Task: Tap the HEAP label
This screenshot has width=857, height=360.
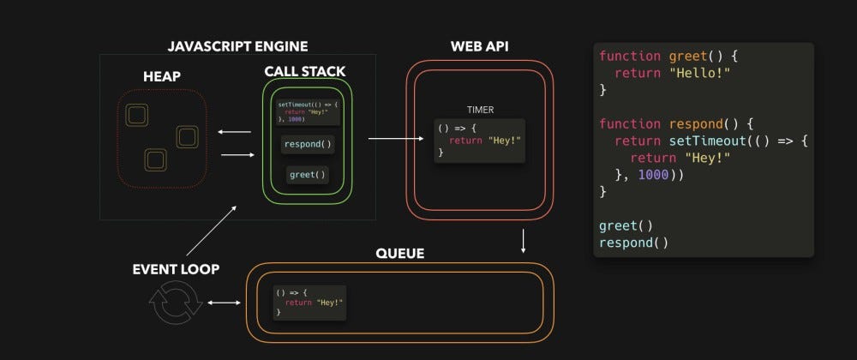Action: [162, 77]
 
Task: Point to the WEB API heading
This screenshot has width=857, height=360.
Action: [479, 45]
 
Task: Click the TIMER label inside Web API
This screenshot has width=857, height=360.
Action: [480, 110]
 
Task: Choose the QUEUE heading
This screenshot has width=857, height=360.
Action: [399, 254]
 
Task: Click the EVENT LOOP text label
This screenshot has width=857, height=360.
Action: [176, 269]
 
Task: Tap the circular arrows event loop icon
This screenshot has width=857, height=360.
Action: [176, 303]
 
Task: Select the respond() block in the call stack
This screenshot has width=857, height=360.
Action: [307, 144]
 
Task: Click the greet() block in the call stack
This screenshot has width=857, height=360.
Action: [307, 175]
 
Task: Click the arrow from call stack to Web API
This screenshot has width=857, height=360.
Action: [398, 137]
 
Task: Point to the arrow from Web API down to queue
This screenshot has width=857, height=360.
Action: [523, 241]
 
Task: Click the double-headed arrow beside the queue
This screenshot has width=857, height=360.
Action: [222, 303]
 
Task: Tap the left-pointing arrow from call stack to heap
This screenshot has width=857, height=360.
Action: [234, 132]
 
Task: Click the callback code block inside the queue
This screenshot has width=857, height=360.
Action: [309, 303]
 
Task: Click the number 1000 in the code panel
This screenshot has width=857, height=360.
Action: [654, 174]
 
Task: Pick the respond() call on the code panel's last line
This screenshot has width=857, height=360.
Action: [633, 242]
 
